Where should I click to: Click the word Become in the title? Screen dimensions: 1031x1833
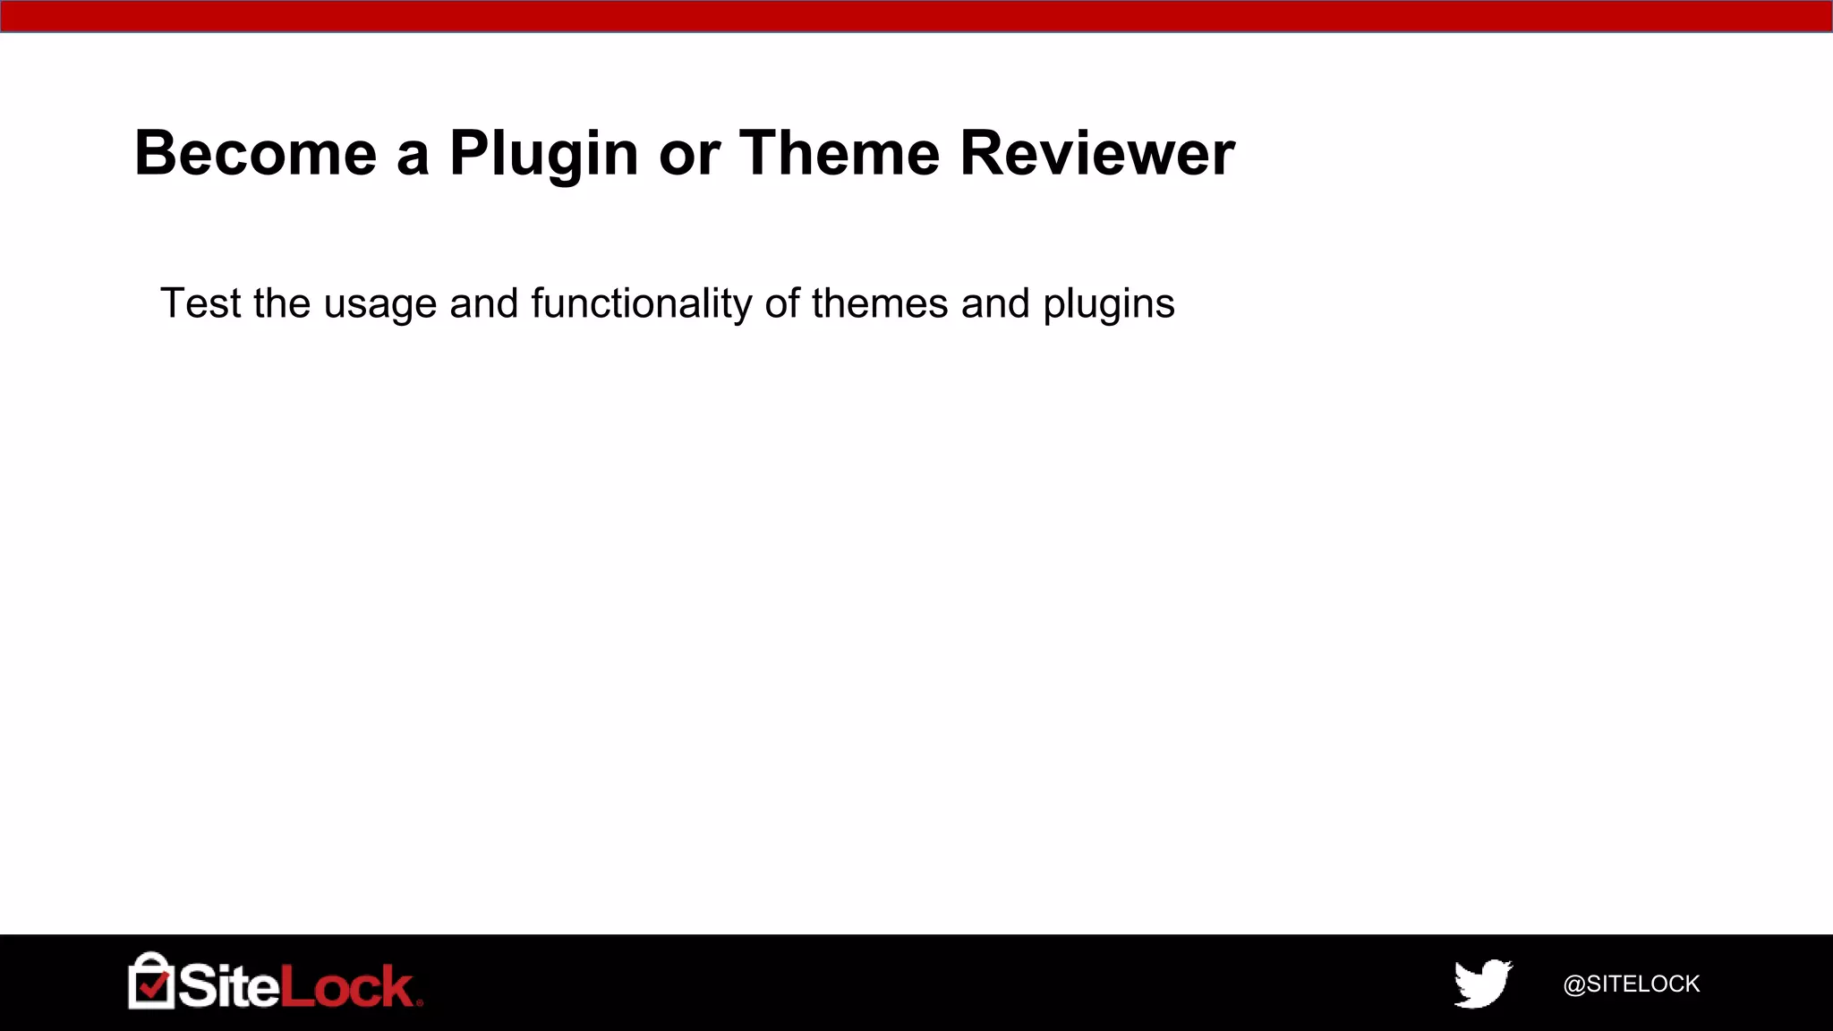(x=256, y=153)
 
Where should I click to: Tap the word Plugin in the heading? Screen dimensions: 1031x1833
(x=544, y=155)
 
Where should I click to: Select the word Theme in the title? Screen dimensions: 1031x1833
(x=840, y=153)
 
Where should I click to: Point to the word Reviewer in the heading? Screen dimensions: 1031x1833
(x=1097, y=153)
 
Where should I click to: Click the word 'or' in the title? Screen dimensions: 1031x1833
(x=689, y=155)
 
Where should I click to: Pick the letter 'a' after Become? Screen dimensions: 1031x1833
(x=413, y=155)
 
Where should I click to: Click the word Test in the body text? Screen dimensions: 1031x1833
(x=200, y=302)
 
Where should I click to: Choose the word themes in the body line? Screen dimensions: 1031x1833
(x=879, y=302)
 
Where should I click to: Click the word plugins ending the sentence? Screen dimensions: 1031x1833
(x=1108, y=304)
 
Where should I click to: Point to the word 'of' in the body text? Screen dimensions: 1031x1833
(x=781, y=302)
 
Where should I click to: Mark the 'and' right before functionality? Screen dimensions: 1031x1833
(x=483, y=302)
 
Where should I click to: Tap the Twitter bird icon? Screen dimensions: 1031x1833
(x=1483, y=984)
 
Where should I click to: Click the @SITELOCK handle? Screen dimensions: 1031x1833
(x=1631, y=984)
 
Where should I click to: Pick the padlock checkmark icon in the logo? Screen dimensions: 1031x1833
(x=150, y=982)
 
